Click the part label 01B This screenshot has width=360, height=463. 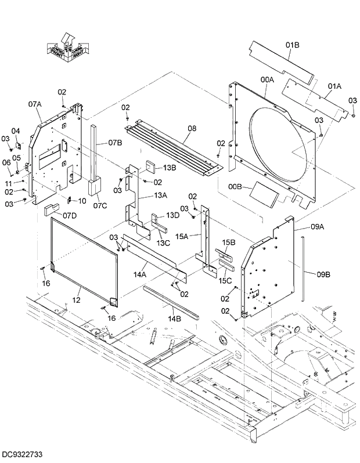pyautogui.click(x=292, y=45)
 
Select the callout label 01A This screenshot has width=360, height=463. pyautogui.click(x=334, y=86)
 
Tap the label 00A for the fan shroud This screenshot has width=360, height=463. pyautogui.click(x=267, y=79)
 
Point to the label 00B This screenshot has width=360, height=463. pyautogui.click(x=236, y=187)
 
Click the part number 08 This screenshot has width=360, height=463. pyautogui.click(x=192, y=128)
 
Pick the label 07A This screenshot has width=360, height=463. pyautogui.click(x=35, y=104)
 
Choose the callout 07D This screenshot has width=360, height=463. pyautogui.click(x=70, y=215)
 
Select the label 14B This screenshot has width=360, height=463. pyautogui.click(x=174, y=318)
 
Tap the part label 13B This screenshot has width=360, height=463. pyautogui.click(x=169, y=168)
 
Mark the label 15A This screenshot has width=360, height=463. pyautogui.click(x=182, y=236)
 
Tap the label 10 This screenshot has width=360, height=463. pyautogui.click(x=82, y=201)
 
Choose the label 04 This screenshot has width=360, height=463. pyautogui.click(x=16, y=131)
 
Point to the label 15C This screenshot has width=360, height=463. pyautogui.click(x=225, y=281)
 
